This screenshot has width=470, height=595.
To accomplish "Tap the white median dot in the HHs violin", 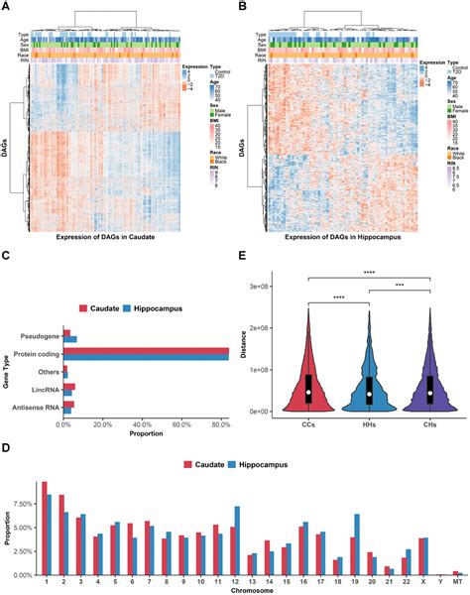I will click(x=370, y=394).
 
